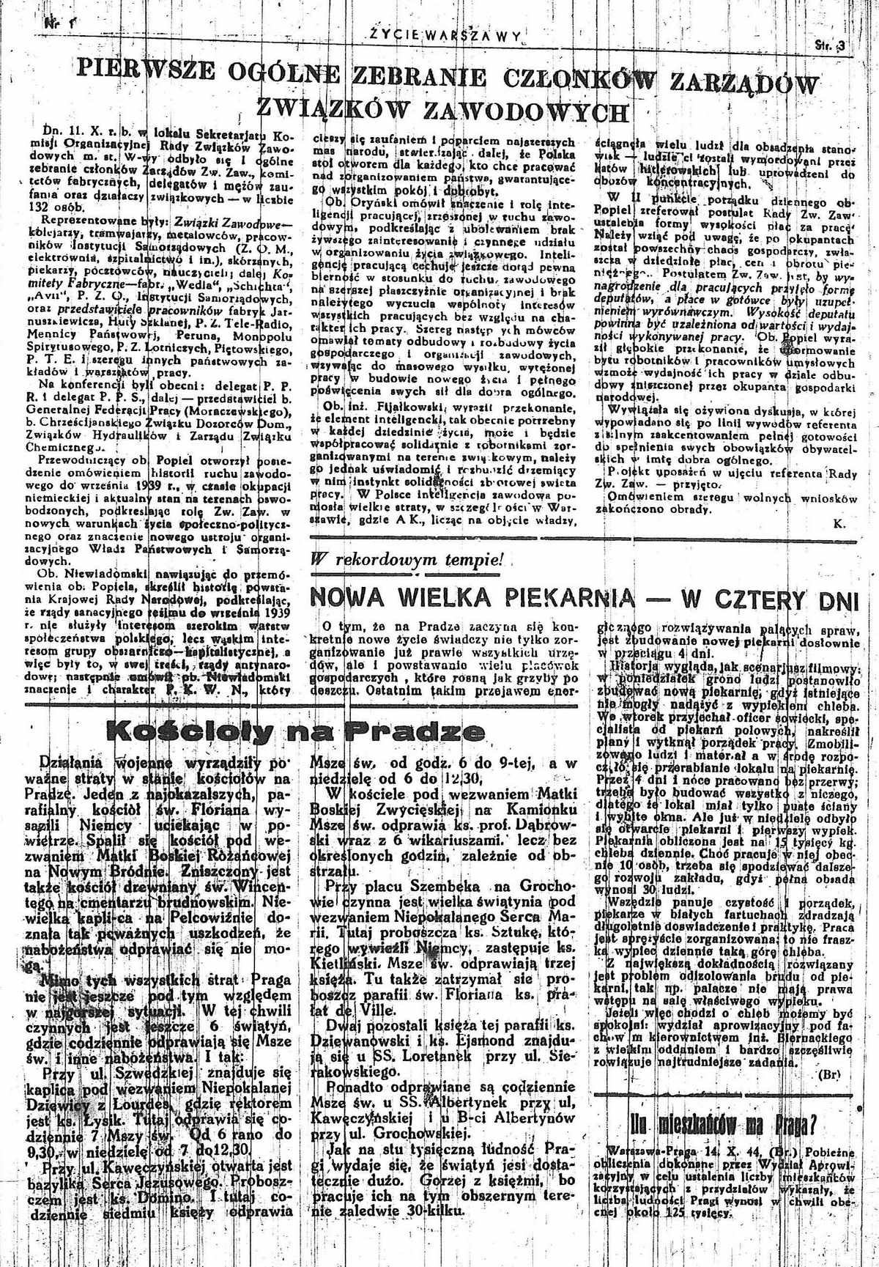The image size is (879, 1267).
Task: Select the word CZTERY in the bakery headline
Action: click(754, 599)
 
